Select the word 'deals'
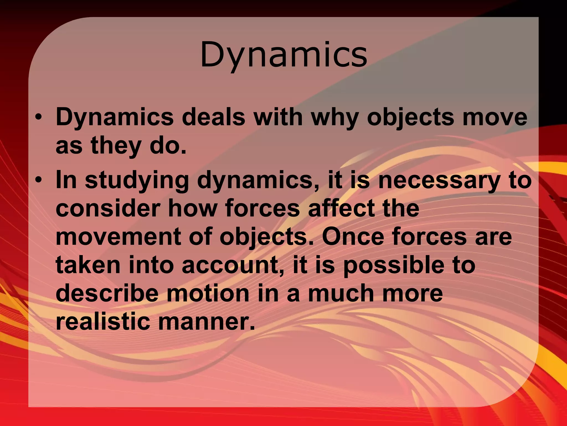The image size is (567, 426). [x=213, y=117]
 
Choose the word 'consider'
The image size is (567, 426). [x=108, y=209]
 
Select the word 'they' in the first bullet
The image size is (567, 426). [x=116, y=146]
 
